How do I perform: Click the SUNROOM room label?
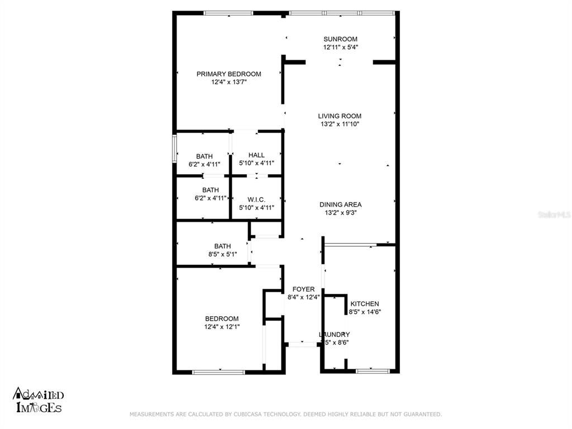pos(340,39)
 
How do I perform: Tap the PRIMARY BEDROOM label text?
pos(228,74)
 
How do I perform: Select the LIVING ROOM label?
pos(340,116)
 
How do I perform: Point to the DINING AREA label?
pos(340,204)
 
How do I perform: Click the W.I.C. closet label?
pos(256,199)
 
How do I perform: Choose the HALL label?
pos(256,155)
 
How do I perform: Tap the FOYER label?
pos(303,289)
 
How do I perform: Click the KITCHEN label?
pos(365,304)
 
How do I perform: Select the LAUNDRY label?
pos(335,335)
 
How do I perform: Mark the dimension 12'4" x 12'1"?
pos(222,327)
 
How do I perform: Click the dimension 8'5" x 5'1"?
pos(222,254)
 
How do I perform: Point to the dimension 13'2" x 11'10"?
pos(340,124)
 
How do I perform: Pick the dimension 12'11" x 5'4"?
pos(340,47)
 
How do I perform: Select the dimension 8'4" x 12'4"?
pos(303,297)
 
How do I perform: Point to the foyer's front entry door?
pos(302,344)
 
